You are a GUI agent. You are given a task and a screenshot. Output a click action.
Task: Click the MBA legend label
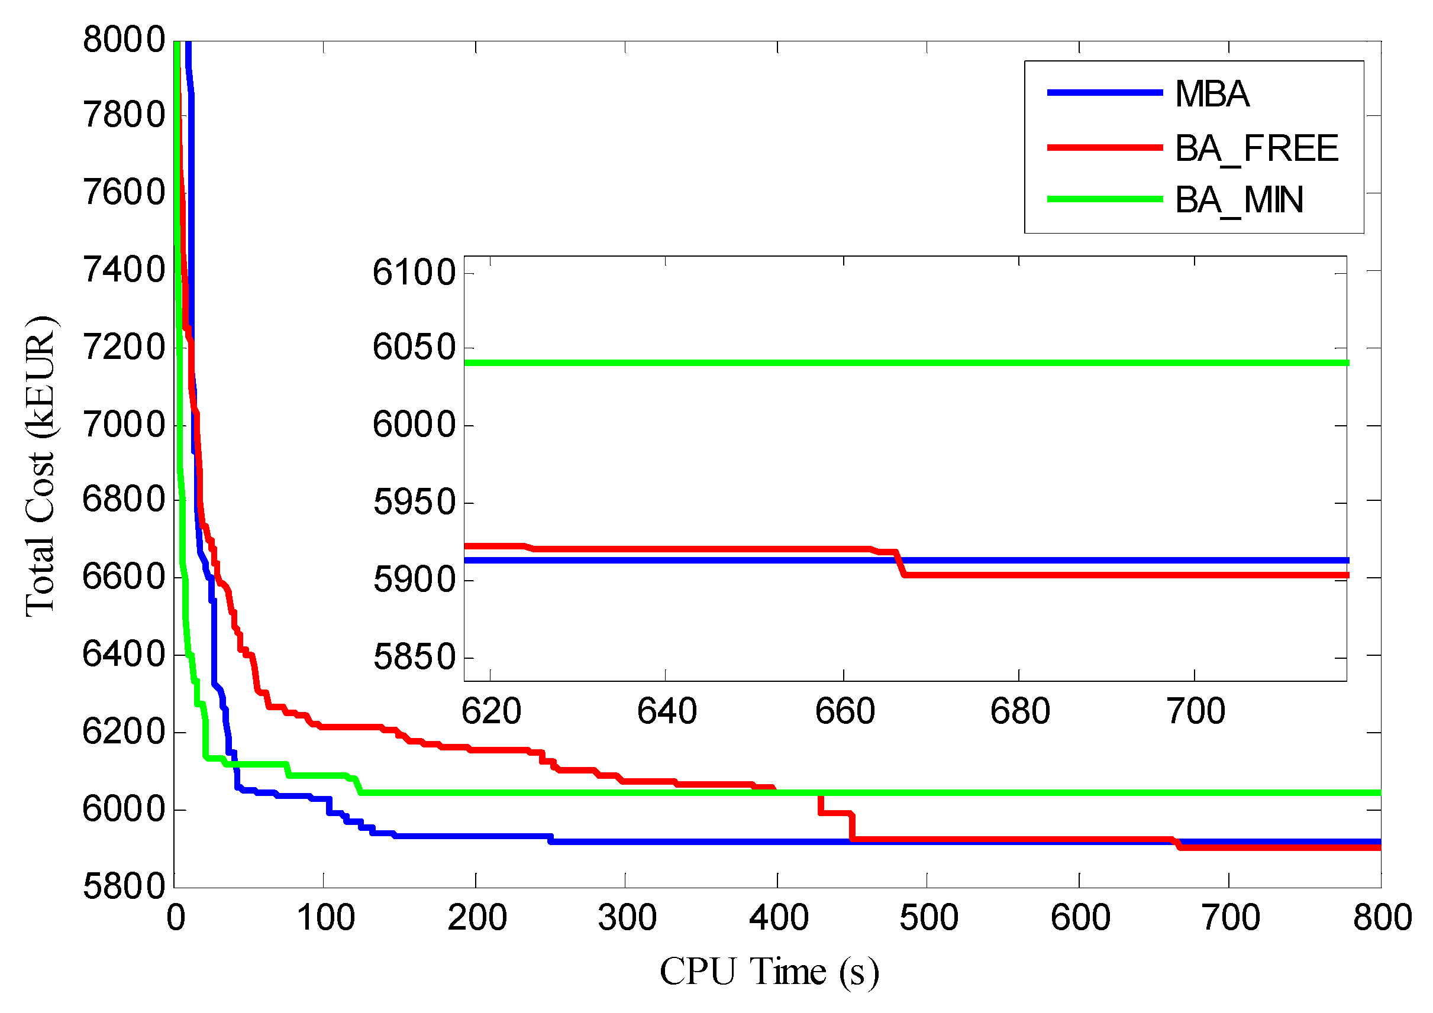[x=1212, y=94]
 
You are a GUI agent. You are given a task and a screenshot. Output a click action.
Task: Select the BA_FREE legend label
[x=1256, y=148]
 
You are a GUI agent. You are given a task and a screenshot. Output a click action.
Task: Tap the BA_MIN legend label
[x=1239, y=200]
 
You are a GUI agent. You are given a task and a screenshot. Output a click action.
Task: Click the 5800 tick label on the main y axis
[x=124, y=886]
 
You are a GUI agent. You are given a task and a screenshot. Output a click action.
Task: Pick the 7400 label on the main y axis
[x=124, y=270]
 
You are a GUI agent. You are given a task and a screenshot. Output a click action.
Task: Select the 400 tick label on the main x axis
[x=778, y=918]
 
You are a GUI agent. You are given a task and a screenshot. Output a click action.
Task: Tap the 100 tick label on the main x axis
[x=325, y=918]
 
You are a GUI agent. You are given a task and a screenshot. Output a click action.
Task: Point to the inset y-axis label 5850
[x=414, y=657]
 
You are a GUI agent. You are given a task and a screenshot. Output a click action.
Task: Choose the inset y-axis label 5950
[x=414, y=502]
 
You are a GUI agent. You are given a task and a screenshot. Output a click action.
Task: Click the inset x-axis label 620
[x=491, y=711]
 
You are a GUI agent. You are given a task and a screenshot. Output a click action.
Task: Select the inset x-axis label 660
[x=844, y=711]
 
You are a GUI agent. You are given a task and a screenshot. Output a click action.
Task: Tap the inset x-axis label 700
[x=1196, y=711]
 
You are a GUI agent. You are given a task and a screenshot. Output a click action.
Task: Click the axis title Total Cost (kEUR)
[x=41, y=467]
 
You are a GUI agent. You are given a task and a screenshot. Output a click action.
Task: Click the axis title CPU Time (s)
[x=769, y=972]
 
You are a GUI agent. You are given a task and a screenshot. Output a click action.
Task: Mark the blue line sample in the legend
[x=1105, y=93]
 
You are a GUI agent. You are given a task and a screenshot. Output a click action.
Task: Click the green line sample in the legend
[x=1105, y=200]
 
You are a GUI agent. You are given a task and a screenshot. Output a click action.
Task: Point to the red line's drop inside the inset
[x=900, y=563]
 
